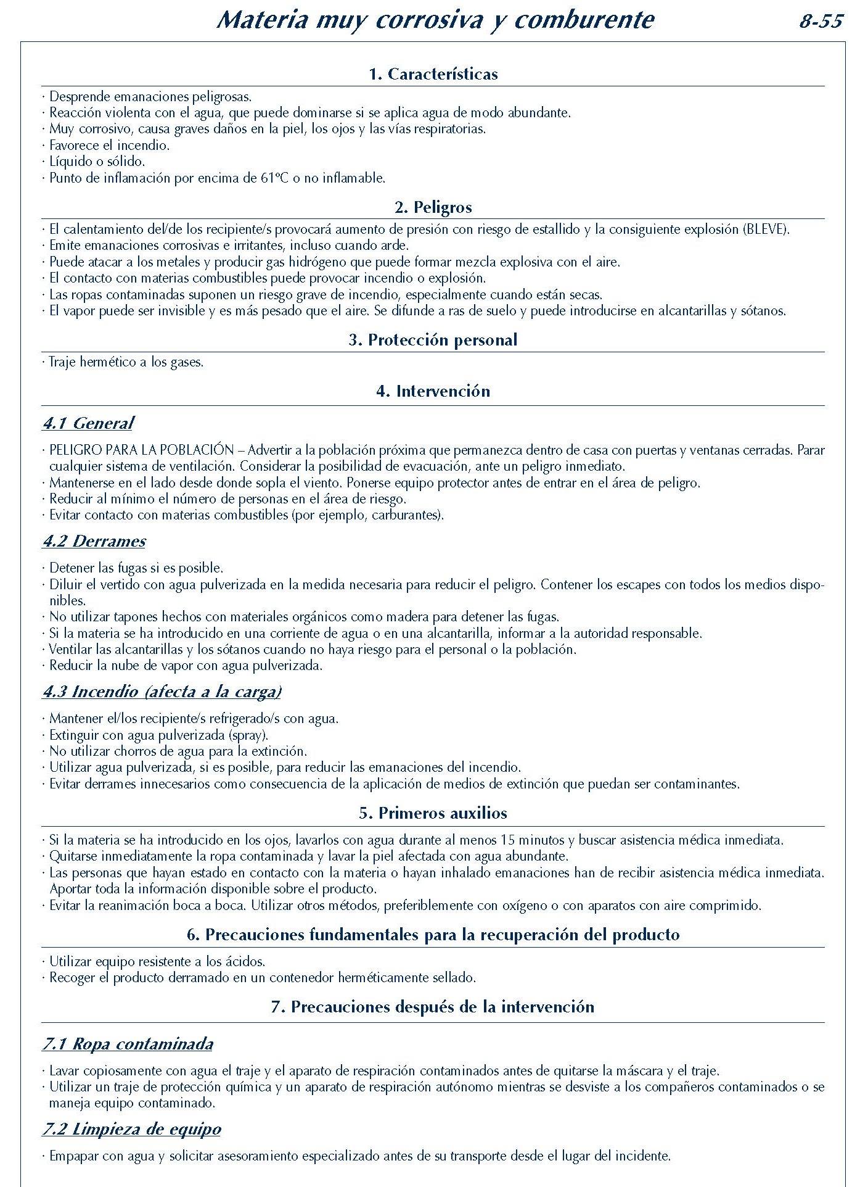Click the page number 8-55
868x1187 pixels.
tap(821, 22)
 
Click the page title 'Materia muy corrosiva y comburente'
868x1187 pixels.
tap(435, 20)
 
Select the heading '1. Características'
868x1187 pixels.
tap(433, 74)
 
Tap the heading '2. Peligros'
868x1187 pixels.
tap(433, 207)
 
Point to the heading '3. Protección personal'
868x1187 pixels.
tap(433, 340)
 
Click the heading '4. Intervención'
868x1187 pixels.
tap(433, 391)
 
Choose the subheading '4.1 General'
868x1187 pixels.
tap(88, 423)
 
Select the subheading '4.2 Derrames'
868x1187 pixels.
tap(94, 541)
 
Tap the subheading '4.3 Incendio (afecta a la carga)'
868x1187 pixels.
tap(162, 692)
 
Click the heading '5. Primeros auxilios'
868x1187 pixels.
tap(433, 813)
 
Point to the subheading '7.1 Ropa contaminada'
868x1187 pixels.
tap(128, 1044)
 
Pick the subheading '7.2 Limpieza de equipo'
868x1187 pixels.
tap(132, 1129)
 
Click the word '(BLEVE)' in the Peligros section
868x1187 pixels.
tap(766, 230)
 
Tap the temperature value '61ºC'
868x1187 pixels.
tap(274, 178)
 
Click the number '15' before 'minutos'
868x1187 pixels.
tap(507, 840)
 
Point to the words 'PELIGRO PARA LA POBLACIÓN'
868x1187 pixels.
tap(142, 450)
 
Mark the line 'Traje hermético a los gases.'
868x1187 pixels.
tap(126, 362)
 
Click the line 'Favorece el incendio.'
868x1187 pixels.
tap(109, 146)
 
